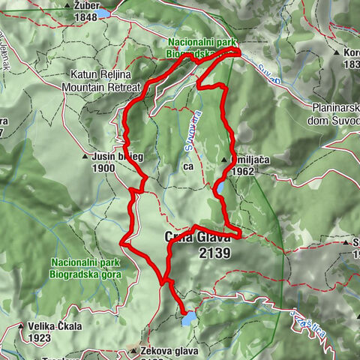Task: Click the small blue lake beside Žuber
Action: coord(103,13)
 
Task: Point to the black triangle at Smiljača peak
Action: coord(223,160)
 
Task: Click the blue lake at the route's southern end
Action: coord(187,319)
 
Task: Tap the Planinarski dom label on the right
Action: coord(334,112)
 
